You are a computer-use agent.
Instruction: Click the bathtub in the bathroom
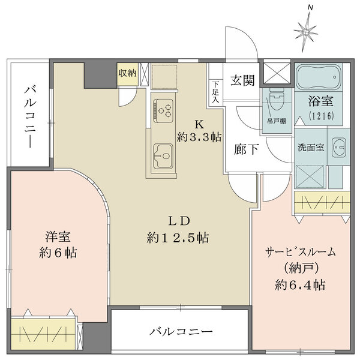point(318,76)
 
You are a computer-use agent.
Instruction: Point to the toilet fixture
point(276,102)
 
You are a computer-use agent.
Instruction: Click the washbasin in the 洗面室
point(339,147)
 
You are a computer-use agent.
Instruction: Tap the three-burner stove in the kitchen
point(163,110)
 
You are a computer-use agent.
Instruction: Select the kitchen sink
point(163,157)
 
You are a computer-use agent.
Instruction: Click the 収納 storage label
point(127,73)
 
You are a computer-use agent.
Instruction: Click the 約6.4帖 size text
point(301,285)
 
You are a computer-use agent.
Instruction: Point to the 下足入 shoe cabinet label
point(215,92)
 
